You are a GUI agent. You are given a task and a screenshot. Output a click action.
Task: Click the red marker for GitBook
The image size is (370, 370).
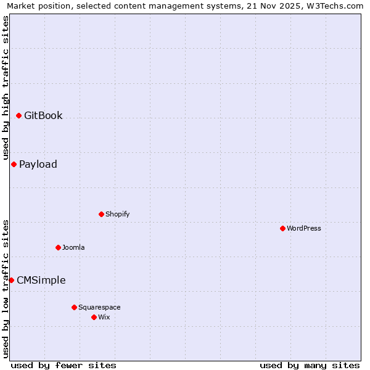point(18,115)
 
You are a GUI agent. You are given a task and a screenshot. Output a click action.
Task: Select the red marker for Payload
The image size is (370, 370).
point(14,164)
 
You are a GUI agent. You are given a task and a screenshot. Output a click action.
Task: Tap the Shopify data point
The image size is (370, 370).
point(101,214)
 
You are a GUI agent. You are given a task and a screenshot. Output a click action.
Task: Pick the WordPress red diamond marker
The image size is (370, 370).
point(282,228)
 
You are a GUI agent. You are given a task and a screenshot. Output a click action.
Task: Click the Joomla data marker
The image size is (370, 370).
point(58,247)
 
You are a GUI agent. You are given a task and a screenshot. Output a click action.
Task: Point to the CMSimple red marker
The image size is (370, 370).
point(11,280)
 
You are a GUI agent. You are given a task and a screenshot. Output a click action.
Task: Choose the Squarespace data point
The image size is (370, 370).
point(74,307)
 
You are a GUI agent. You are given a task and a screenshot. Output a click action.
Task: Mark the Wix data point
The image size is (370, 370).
point(94,317)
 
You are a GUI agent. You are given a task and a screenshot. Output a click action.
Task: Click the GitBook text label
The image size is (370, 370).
point(43,115)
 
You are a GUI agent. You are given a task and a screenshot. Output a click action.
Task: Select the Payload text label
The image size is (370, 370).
point(38,164)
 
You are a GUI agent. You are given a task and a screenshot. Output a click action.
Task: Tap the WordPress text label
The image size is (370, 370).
point(304,228)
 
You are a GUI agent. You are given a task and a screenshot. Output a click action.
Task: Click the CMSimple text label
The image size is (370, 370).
point(41,280)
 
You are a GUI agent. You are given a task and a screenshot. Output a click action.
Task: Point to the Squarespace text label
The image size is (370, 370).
point(99,307)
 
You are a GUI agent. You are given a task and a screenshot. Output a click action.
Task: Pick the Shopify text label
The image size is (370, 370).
point(117,214)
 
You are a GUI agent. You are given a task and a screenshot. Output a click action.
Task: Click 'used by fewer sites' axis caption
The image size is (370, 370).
point(64,365)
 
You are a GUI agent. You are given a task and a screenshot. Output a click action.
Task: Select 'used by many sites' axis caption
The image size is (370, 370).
point(310,365)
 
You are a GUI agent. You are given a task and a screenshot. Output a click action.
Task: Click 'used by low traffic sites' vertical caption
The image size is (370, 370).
point(6,288)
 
